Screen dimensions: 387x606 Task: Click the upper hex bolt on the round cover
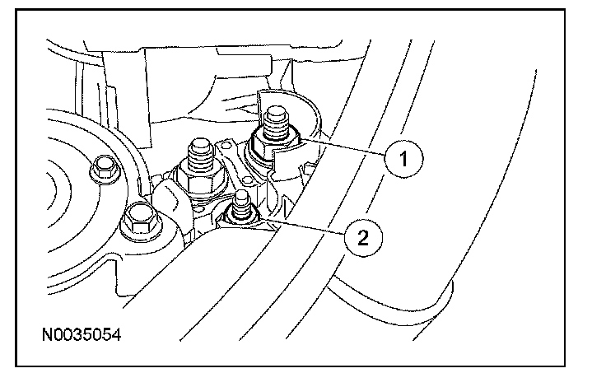coord(104,170)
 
